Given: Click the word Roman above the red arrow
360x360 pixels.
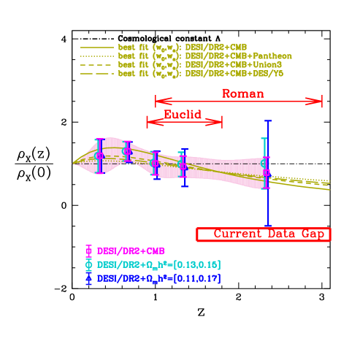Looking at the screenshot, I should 243,93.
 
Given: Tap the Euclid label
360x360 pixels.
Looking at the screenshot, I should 182,114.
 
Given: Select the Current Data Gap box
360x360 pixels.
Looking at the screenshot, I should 264,234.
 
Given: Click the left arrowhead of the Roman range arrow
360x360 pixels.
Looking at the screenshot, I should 156,102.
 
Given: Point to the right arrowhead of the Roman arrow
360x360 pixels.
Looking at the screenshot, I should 321,102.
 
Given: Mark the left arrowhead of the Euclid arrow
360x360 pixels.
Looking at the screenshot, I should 148,121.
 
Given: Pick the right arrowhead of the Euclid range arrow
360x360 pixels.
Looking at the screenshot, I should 221,121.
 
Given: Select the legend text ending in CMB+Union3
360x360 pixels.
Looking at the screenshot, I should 201,64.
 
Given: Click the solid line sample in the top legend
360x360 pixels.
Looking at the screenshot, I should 97,47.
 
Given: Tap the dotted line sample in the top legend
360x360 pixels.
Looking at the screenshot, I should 97,55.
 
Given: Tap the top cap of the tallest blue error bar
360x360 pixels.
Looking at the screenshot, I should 268,121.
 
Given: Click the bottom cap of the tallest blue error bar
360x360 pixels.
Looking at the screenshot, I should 268,226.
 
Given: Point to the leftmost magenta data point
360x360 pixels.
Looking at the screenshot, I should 100,156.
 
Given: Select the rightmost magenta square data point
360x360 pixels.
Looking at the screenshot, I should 267,173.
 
